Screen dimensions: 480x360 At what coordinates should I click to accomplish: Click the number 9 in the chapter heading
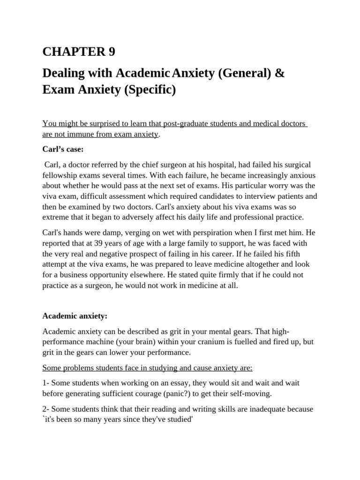click(111, 52)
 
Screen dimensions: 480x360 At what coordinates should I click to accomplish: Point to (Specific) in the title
click(150, 89)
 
